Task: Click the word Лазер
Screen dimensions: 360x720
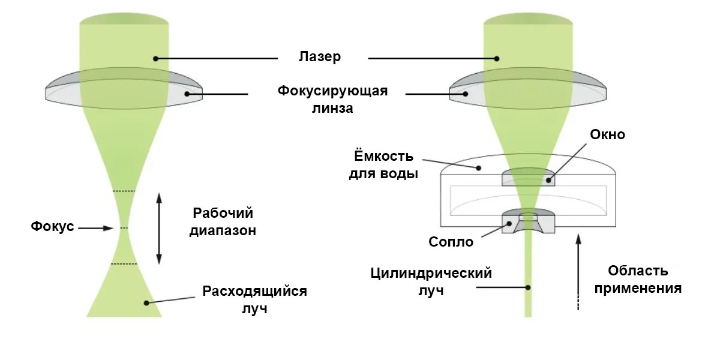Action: pyautogui.click(x=320, y=58)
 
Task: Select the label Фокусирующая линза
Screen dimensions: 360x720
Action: pyautogui.click(x=332, y=100)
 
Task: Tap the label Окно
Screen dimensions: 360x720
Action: pyautogui.click(x=607, y=134)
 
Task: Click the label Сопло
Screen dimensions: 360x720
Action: pyautogui.click(x=451, y=242)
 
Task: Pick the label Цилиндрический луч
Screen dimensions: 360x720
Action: pyautogui.click(x=431, y=281)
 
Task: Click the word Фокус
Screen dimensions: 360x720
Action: pyautogui.click(x=53, y=227)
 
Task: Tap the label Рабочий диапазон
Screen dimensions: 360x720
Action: pyautogui.click(x=223, y=221)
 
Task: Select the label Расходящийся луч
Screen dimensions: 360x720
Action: pyautogui.click(x=254, y=300)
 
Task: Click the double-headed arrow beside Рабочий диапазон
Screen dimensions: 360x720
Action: pyautogui.click(x=159, y=228)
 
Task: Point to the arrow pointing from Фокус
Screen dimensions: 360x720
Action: pyautogui.click(x=96, y=228)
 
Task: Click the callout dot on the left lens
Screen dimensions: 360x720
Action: pyautogui.click(x=188, y=93)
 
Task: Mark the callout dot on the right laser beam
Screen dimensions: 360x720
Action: pyautogui.click(x=497, y=58)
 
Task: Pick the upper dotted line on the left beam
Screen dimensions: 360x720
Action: pyautogui.click(x=124, y=191)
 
